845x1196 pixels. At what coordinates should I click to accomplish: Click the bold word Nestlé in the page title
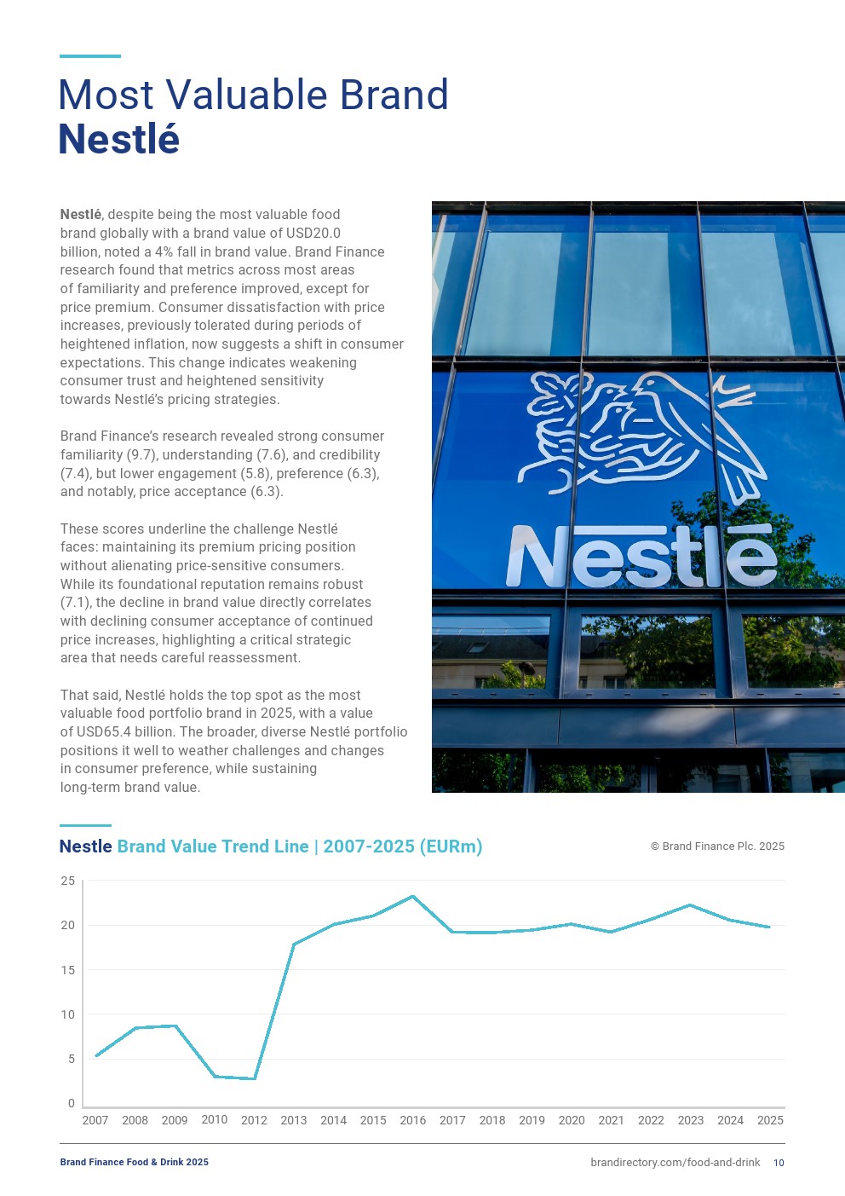[118, 140]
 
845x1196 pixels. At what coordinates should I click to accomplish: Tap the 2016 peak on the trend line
[413, 896]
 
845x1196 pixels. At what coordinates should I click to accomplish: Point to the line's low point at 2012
[254, 1078]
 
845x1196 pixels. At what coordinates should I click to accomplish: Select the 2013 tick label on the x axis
[294, 1120]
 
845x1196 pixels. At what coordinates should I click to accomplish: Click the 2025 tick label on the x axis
[770, 1120]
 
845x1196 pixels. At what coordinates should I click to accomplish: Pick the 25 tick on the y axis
[68, 881]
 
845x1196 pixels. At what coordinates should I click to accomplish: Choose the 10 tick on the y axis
[68, 1014]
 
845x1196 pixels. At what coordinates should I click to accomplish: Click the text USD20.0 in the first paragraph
[311, 234]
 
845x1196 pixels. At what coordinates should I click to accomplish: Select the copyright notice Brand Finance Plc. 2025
[717, 846]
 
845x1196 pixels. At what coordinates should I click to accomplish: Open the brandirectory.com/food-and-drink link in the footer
[675, 1163]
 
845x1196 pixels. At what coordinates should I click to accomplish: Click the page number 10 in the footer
[779, 1163]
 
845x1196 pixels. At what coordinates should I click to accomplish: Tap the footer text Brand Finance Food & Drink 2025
[134, 1163]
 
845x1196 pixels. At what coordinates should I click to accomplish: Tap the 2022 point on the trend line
[651, 919]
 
